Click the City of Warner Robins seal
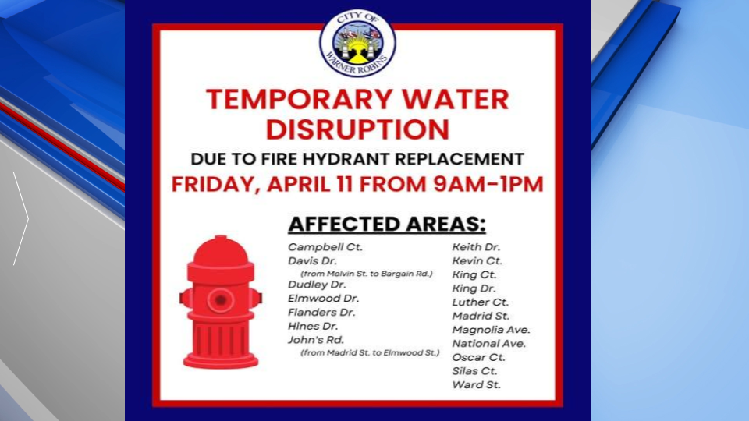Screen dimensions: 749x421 coord(357,44)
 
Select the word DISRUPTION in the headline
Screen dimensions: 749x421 coord(357,129)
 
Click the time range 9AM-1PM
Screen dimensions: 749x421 coord(488,184)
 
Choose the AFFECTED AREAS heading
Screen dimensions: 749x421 coord(387,225)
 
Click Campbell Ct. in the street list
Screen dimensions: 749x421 coord(325,247)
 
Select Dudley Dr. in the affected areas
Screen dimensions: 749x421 coord(317,285)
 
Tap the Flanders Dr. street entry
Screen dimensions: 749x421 coord(321,313)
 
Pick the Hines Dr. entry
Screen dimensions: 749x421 coord(312,327)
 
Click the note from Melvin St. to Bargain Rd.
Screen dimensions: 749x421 coord(367,274)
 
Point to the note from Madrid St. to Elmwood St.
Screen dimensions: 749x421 coord(370,352)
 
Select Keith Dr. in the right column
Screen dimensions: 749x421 coord(476,247)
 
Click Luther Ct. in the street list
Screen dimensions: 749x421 coord(480,302)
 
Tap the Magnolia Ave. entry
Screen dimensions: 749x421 coord(491,330)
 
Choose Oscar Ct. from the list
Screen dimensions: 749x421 coord(478,358)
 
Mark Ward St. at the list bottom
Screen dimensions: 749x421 coord(476,385)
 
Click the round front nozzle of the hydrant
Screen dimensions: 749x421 coord(220,300)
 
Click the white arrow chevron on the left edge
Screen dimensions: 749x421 coord(21,218)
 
